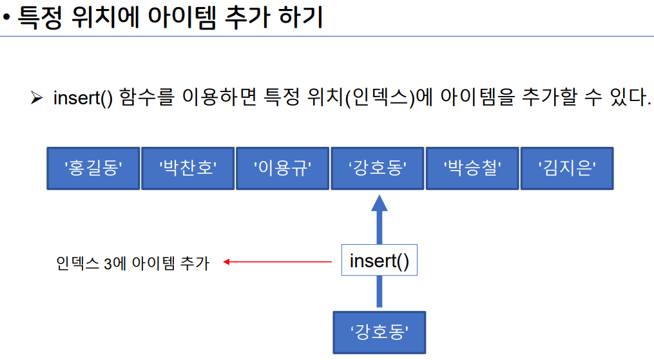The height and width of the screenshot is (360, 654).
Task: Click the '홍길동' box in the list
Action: [93, 169]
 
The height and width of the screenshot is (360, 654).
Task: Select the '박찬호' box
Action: [188, 169]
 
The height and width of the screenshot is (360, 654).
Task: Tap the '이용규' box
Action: [282, 169]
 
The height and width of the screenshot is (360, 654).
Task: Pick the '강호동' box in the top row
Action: [377, 169]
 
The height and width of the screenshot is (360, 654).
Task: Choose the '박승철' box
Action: [472, 169]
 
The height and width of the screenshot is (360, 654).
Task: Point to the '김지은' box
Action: [566, 169]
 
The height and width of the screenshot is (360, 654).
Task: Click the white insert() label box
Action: [379, 261]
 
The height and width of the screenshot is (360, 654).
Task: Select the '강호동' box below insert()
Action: [380, 332]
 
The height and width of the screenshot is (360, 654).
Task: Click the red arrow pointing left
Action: [277, 261]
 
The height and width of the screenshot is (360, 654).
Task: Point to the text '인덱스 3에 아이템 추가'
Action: [133, 263]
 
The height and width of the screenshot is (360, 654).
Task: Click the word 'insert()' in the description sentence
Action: [82, 99]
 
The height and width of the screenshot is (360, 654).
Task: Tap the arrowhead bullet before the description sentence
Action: [36, 99]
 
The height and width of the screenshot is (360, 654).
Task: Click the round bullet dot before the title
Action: [6, 19]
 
